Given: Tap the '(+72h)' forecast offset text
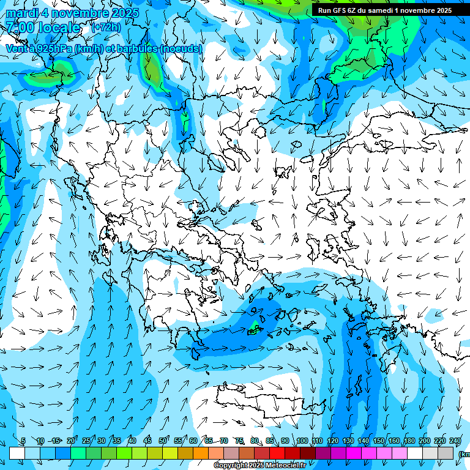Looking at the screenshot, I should pyautogui.click(x=106, y=28).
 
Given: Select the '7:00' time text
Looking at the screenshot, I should pyautogui.click(x=20, y=28).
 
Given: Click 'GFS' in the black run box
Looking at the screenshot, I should pyautogui.click(x=346, y=10).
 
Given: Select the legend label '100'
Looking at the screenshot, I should pyautogui.click(x=302, y=441).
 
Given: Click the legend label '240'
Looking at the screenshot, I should pyautogui.click(x=455, y=441).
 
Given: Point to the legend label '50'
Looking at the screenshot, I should pyautogui.click(x=163, y=441).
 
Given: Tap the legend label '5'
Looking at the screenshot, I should pyautogui.click(x=23, y=441).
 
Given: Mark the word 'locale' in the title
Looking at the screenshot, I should pyautogui.click(x=58, y=28).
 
